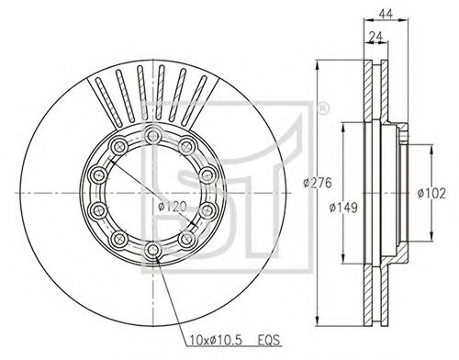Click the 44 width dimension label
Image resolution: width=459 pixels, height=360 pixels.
coord(386,14)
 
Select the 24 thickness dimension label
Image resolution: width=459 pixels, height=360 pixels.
coord(375,37)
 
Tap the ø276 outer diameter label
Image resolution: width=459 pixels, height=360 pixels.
coord(318,183)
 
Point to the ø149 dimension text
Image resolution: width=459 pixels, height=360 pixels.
coord(343,208)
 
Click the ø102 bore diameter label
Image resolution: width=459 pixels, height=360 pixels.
coord(431,193)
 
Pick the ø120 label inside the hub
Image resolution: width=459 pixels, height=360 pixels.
coord(173,207)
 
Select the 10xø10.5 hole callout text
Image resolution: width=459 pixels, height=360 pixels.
coord(216,340)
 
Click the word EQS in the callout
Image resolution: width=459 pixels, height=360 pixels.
coord(269,340)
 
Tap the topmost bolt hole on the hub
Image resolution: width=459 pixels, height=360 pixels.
coord(152,135)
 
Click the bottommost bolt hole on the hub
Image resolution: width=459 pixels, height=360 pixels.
coord(152,251)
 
